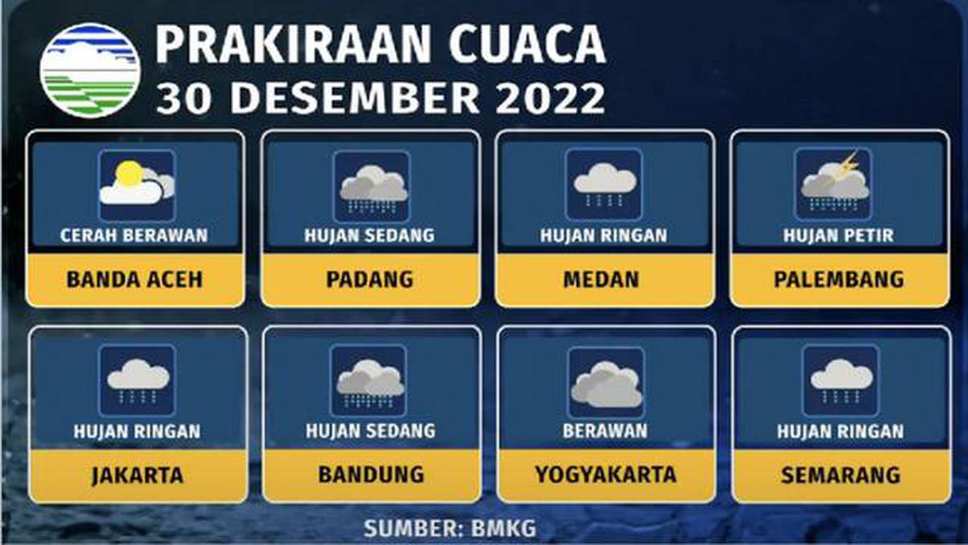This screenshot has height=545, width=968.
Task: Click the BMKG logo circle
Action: point(90,71)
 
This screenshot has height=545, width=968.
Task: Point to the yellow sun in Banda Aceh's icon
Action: point(127,174)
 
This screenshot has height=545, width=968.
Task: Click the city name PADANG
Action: point(370,279)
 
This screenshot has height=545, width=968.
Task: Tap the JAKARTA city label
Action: point(137,474)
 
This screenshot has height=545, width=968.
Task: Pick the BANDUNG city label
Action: point(371,474)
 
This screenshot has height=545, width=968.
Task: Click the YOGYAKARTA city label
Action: point(606,474)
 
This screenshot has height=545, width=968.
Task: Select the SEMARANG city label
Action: point(840,474)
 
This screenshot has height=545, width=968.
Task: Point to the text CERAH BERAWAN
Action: point(135,236)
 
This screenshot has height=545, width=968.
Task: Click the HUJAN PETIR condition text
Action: point(839,236)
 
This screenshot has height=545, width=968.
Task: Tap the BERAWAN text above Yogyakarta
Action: point(605,431)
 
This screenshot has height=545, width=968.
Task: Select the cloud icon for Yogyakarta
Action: point(606,383)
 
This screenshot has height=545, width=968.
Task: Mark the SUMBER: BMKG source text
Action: point(449,529)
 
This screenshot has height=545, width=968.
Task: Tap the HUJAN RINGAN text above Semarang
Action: point(840,431)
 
